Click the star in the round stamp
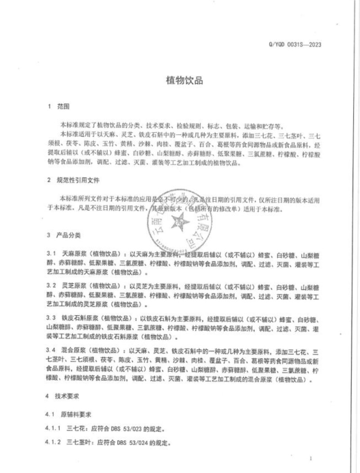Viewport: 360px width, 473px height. (182, 220)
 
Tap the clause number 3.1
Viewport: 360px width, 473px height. (50, 253)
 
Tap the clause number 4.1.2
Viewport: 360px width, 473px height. (53, 442)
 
